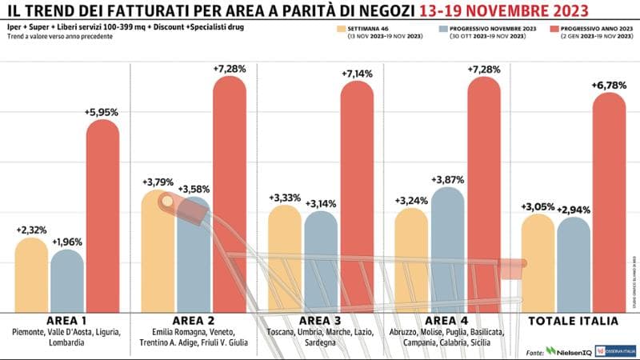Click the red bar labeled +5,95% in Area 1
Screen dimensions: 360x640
(x=102, y=216)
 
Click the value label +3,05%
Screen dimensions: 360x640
(x=537, y=207)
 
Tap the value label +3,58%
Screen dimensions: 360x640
(x=194, y=189)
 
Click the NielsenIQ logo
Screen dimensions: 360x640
(x=568, y=351)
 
